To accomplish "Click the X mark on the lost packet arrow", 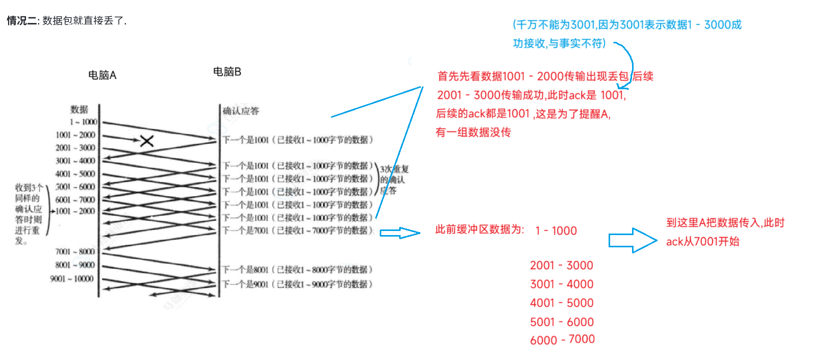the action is (x=147, y=141).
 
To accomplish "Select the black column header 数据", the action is (x=79, y=110).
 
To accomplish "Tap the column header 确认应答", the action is (x=241, y=111).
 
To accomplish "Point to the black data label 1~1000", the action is (x=83, y=122).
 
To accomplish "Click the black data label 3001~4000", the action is (x=75, y=161).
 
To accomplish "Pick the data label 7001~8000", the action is (x=75, y=251).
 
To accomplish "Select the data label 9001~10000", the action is (x=72, y=278).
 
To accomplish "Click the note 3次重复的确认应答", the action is (x=394, y=180).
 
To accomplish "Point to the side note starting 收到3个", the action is (x=28, y=214).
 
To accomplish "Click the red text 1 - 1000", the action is (x=556, y=231).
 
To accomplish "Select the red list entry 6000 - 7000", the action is (x=562, y=340).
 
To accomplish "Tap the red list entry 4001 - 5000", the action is (x=562, y=303).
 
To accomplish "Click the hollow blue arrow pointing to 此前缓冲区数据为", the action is (x=400, y=233).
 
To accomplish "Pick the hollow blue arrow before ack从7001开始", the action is (x=633, y=240).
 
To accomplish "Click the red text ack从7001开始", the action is (x=702, y=242).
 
